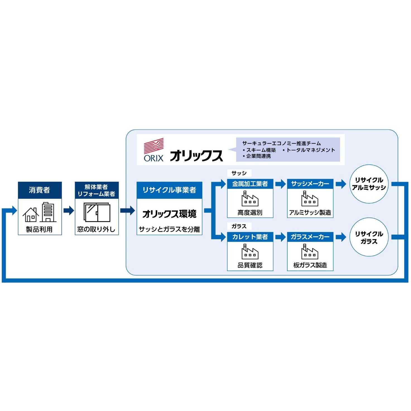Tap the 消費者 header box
[40, 190]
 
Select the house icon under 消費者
[30, 215]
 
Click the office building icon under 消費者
[48, 212]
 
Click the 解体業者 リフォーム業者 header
[97, 190]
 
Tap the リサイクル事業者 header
[169, 190]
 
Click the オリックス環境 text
[169, 214]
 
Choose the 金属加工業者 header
[250, 184]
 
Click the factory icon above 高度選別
[250, 199]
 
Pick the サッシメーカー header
[310, 184]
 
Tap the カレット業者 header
[250, 237]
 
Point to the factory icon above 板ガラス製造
[310, 252]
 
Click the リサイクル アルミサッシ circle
[369, 184]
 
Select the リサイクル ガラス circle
[369, 237]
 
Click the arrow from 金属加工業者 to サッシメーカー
[280, 184]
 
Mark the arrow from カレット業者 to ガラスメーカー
[280, 237]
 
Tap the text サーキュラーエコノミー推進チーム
[281, 143]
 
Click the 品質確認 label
[250, 265]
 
